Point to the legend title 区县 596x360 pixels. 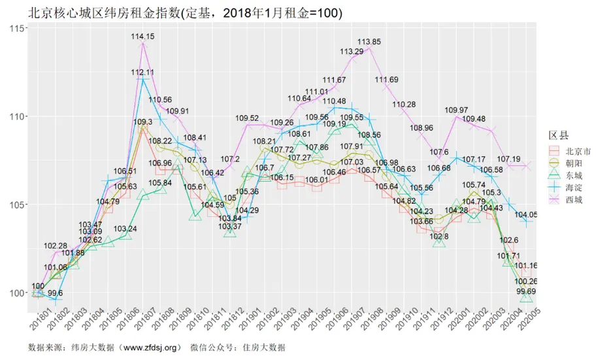pyautogui.click(x=558, y=135)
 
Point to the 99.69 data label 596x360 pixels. pyautogui.click(x=527, y=291)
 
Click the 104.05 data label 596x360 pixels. pyautogui.click(x=527, y=214)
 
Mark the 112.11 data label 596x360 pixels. pyautogui.click(x=142, y=72)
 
